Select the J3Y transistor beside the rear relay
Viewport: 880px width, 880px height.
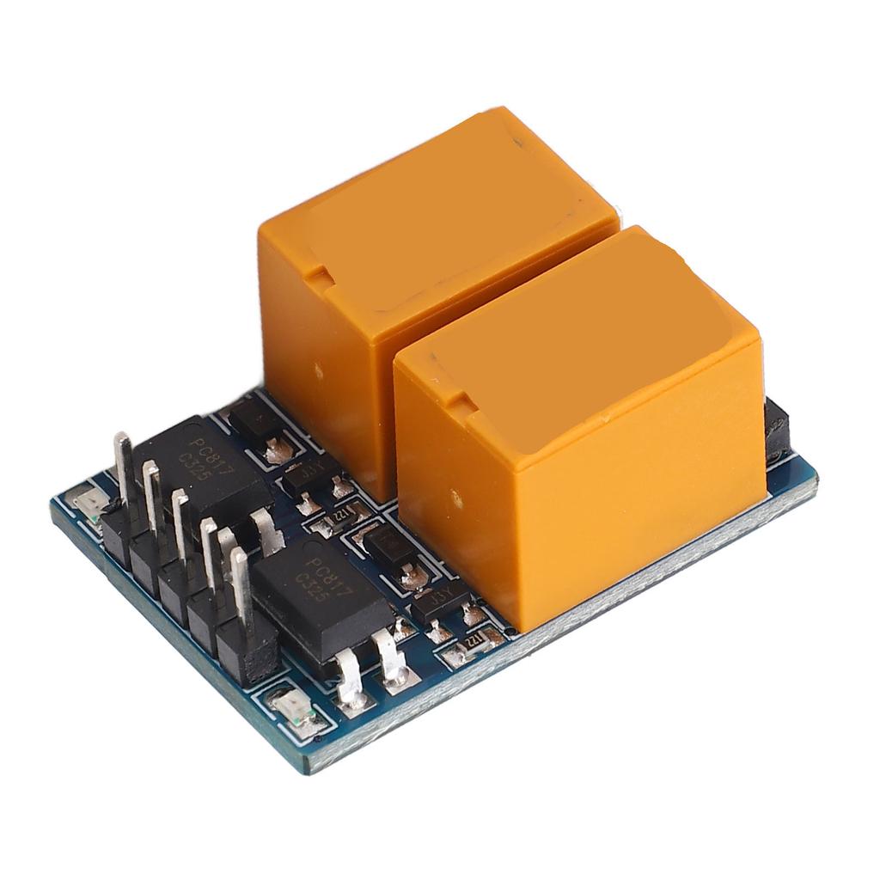point(307,474)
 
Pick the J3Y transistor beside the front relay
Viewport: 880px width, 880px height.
point(438,599)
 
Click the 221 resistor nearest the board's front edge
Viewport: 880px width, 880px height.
point(470,643)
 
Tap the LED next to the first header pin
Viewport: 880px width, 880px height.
point(88,500)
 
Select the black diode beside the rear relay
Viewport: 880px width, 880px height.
point(255,421)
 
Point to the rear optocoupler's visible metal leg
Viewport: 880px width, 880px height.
point(268,530)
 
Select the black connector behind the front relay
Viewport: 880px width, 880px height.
point(775,430)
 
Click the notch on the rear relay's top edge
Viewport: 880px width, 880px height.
point(318,277)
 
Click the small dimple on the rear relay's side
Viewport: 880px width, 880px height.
point(319,370)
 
